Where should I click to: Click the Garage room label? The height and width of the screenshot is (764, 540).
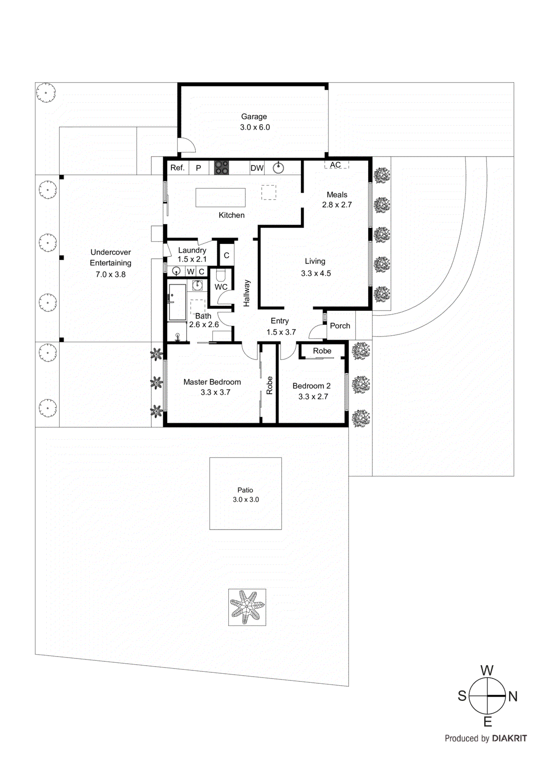254,117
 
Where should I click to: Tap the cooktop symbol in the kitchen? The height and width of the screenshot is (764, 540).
221,168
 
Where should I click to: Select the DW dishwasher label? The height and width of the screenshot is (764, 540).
257,168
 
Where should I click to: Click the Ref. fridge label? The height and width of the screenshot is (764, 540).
177,168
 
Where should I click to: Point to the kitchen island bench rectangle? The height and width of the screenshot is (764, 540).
220,197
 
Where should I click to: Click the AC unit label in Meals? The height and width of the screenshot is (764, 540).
336,165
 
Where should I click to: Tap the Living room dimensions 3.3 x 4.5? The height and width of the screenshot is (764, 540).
316,273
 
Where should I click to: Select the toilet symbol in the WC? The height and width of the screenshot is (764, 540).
221,276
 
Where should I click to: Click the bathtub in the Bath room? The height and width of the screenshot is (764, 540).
177,302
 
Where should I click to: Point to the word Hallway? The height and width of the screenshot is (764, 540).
246,293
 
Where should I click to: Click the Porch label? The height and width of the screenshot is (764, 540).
340,326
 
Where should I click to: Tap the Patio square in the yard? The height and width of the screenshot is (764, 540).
245,494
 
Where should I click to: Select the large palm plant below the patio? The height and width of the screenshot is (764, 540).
247,607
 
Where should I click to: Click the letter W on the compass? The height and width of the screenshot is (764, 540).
487,670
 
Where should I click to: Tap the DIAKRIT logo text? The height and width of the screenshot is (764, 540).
509,738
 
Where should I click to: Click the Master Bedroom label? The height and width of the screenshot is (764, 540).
212,382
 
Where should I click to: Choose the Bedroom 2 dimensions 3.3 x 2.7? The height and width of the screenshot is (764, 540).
313,396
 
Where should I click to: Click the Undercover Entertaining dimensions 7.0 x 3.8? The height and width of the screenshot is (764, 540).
110,274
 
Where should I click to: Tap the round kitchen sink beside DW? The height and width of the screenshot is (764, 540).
278,168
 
